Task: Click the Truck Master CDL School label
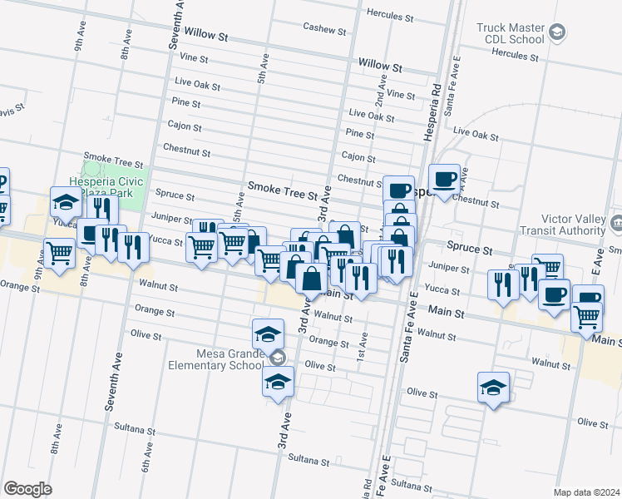click(511, 33)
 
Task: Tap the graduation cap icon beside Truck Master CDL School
click(557, 33)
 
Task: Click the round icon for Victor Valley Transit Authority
click(616, 223)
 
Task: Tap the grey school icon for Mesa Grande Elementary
click(278, 358)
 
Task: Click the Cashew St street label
click(323, 29)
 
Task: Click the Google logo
click(27, 489)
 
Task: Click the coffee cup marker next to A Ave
click(443, 179)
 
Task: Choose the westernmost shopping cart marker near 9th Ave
click(59, 252)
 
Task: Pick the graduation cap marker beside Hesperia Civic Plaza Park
click(66, 202)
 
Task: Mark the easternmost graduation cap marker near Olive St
click(493, 388)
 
